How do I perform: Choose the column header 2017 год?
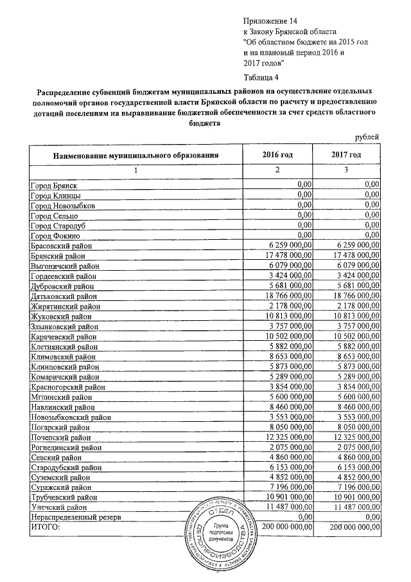point(347,155)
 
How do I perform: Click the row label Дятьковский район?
point(64,296)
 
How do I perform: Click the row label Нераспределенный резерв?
point(75,518)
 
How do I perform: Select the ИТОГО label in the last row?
point(45,528)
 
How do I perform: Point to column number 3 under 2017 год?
point(347,170)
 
